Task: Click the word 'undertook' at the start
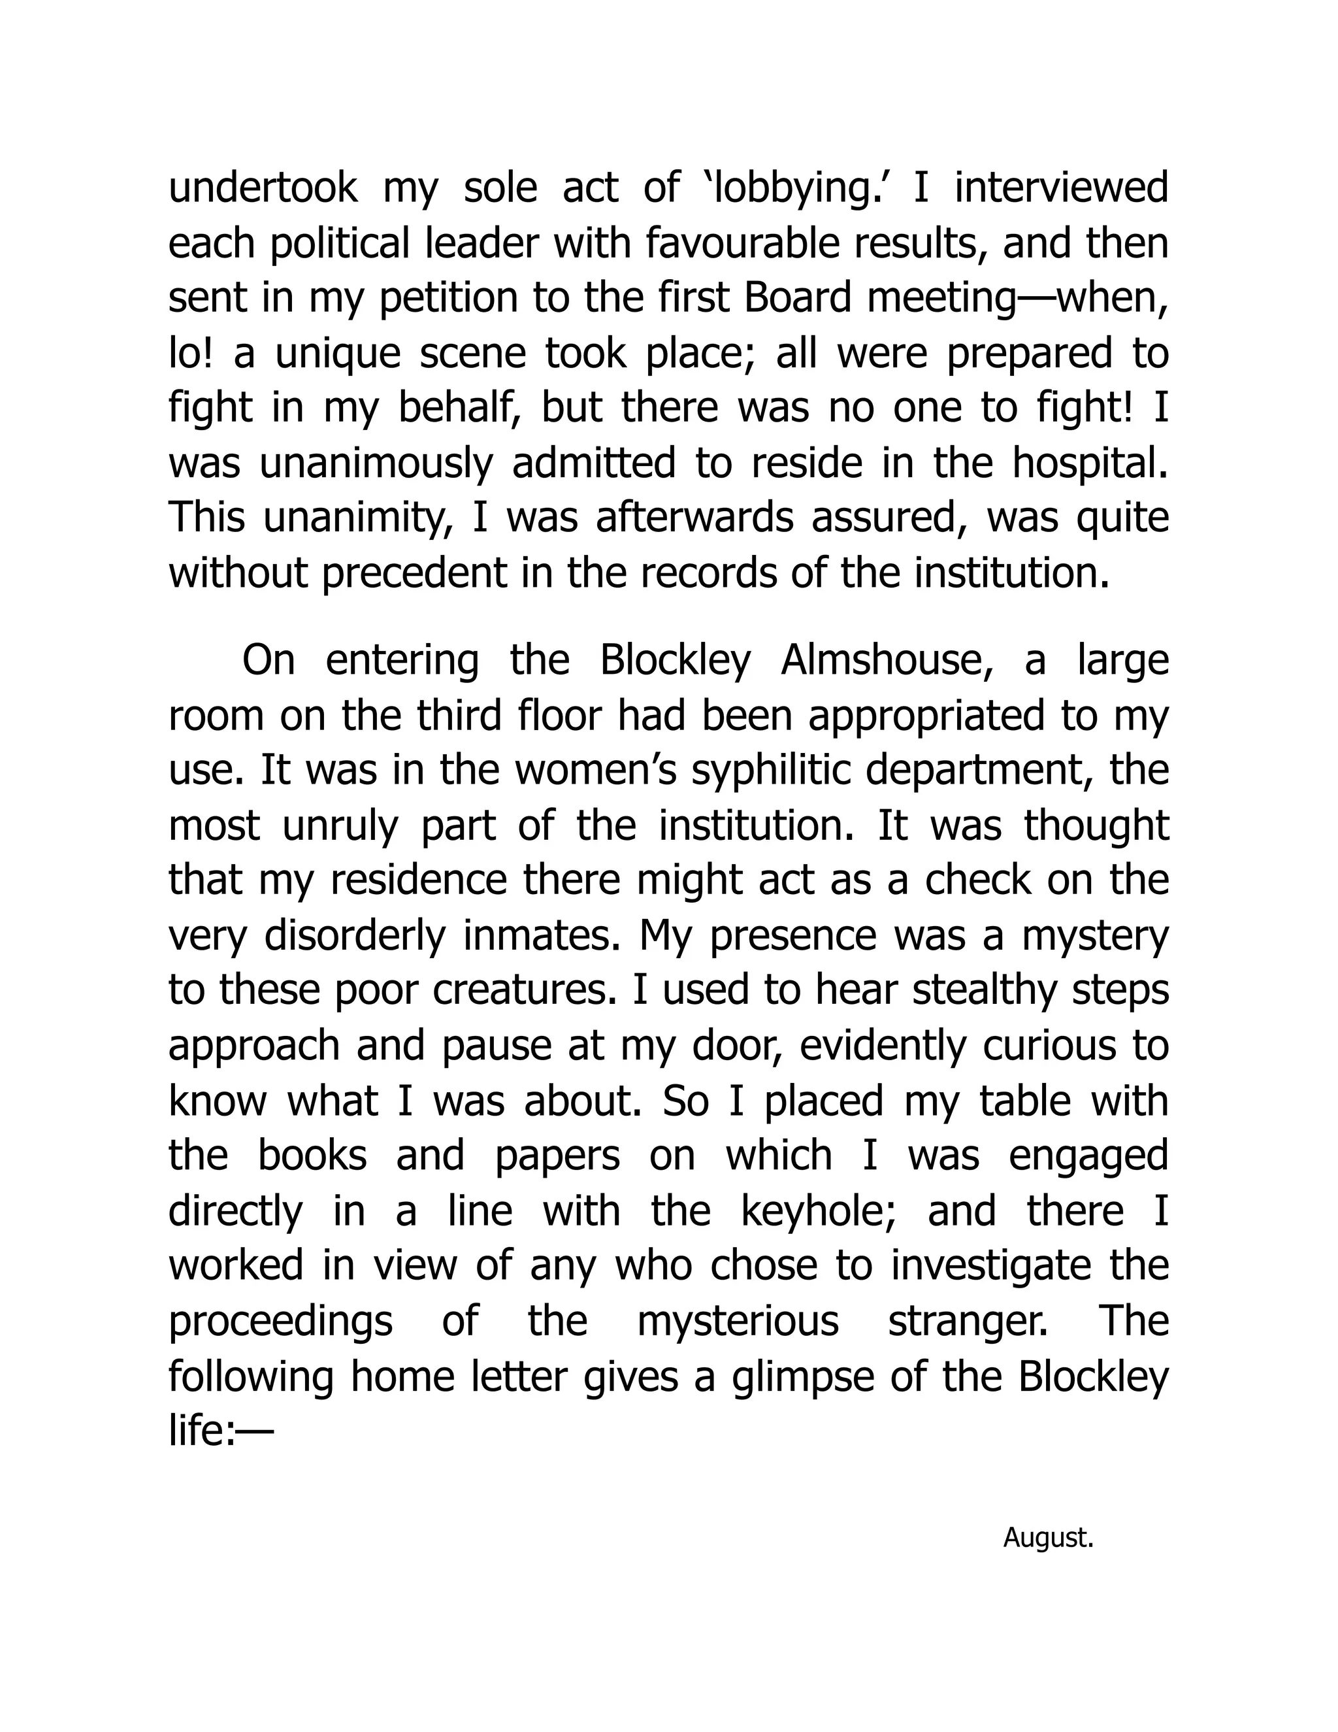point(263,189)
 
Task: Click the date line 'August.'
point(1048,1538)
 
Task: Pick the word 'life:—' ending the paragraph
point(220,1431)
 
